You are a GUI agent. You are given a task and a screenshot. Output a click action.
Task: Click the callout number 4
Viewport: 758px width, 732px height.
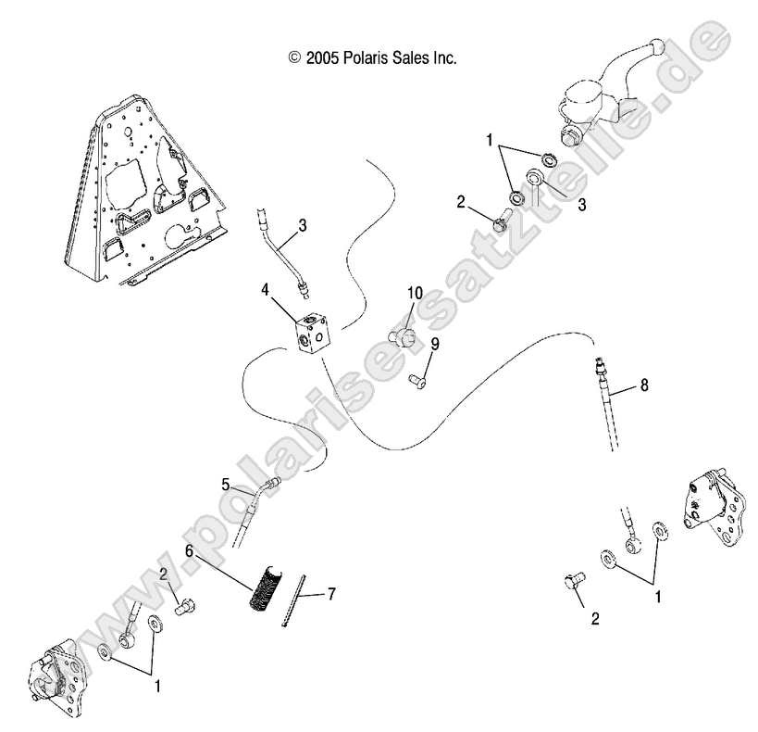click(265, 290)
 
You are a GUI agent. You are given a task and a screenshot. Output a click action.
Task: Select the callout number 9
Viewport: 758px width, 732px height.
click(434, 343)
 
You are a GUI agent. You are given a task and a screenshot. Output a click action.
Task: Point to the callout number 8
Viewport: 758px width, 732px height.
click(644, 385)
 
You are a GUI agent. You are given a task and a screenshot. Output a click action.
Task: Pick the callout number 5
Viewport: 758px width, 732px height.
click(225, 483)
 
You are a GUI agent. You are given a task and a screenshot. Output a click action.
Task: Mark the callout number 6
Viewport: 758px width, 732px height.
click(189, 550)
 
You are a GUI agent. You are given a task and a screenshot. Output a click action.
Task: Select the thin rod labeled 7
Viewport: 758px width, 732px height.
click(295, 601)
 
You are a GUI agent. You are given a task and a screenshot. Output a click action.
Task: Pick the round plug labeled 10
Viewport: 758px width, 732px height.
click(402, 328)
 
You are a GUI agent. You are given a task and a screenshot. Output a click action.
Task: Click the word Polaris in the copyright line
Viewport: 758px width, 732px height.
click(369, 57)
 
